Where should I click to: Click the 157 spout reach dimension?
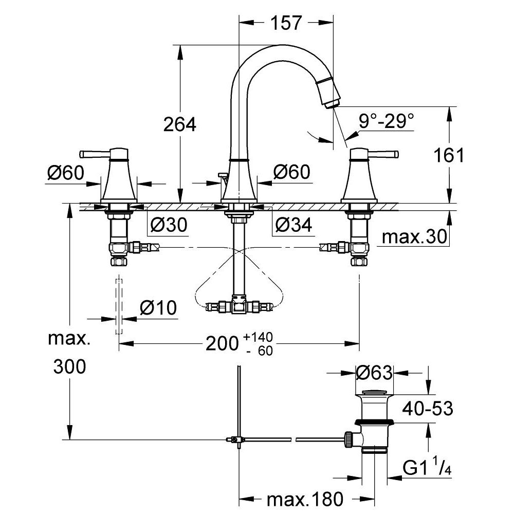click(x=287, y=22)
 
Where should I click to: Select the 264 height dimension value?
click(x=179, y=124)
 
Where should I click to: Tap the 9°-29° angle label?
click(x=386, y=121)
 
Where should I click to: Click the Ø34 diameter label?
click(x=293, y=224)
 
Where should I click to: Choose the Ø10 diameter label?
click(x=158, y=308)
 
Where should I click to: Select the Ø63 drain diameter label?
click(x=374, y=372)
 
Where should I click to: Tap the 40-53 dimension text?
click(x=427, y=409)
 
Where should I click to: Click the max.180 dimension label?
click(x=304, y=498)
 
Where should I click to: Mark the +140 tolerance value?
click(x=259, y=337)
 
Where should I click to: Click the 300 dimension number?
click(x=69, y=366)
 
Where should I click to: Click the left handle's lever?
click(x=93, y=153)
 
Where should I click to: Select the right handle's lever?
click(x=386, y=153)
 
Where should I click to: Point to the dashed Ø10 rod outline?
click(x=119, y=306)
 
